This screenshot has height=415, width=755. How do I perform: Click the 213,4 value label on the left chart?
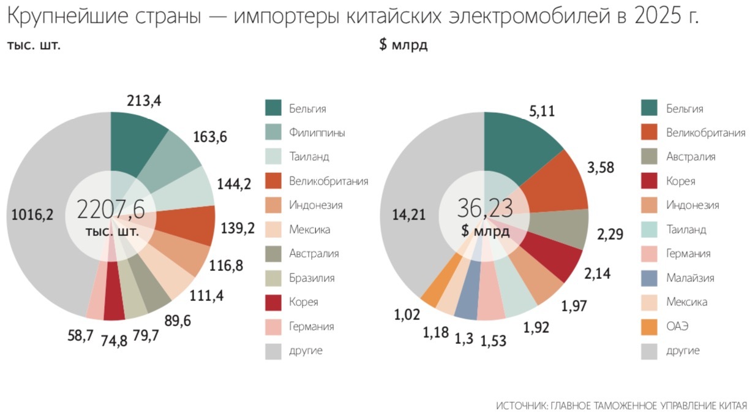pyautogui.click(x=144, y=100)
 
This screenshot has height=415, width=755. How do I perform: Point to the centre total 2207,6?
pyautogui.click(x=111, y=209)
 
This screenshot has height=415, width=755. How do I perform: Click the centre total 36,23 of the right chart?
pyautogui.click(x=484, y=208)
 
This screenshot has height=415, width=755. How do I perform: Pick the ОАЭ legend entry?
pyautogui.click(x=677, y=326)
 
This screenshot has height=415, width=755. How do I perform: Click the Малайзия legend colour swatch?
pyautogui.click(x=652, y=278)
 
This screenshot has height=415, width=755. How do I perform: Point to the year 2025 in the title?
pyautogui.click(x=647, y=17)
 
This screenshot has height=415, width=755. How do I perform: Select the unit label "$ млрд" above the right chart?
pyautogui.click(x=403, y=46)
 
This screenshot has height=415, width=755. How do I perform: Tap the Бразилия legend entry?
pyautogui.click(x=312, y=278)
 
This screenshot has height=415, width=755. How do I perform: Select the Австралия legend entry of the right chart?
pyautogui.click(x=691, y=157)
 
